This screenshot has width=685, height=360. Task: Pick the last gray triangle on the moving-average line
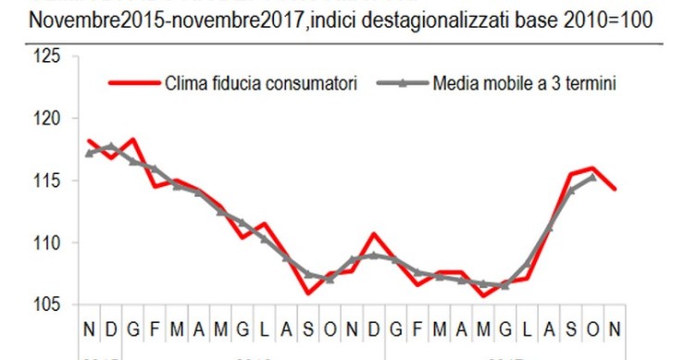[x=592, y=176]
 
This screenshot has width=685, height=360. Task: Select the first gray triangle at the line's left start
[x=89, y=153]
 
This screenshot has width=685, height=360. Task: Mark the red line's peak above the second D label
[x=373, y=234]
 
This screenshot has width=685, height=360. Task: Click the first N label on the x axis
[x=89, y=329]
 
